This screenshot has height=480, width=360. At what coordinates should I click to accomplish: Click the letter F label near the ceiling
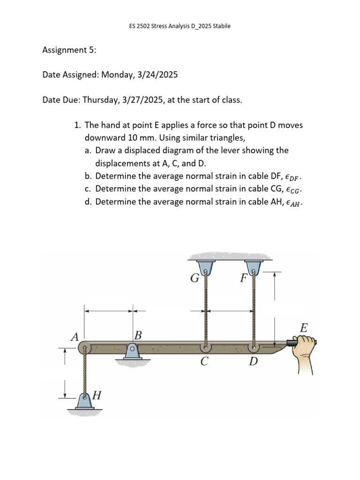pos(243,278)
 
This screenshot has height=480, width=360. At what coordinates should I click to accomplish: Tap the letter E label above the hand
pos(303,328)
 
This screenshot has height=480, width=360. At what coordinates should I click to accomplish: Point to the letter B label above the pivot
pos(137,335)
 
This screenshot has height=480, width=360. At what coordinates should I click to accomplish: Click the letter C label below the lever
pos(204,362)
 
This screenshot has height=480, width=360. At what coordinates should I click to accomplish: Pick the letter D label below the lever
pos(253,362)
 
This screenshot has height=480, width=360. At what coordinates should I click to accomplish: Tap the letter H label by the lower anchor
pos(97,395)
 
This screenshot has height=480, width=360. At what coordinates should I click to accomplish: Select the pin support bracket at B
pos(133,351)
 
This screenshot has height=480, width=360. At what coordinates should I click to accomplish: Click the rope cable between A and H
pos(85,373)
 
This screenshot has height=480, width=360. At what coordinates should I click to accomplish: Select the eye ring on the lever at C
pos(205,348)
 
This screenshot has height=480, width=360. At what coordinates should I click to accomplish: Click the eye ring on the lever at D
pos(254,348)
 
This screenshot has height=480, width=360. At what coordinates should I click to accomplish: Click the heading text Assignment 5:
pos(69,50)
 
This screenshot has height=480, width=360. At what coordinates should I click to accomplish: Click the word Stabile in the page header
pos(222,26)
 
